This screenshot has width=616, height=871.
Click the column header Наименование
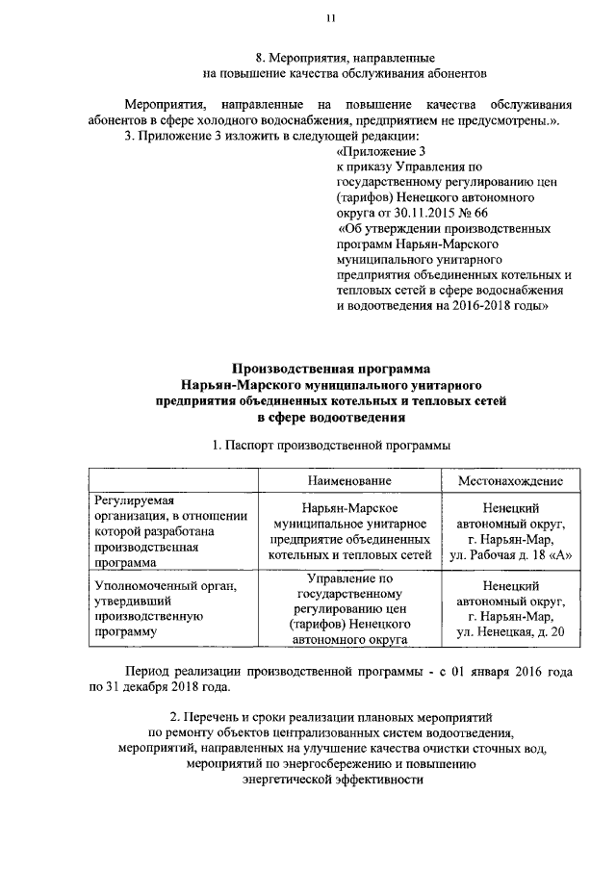pos(349,481)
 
